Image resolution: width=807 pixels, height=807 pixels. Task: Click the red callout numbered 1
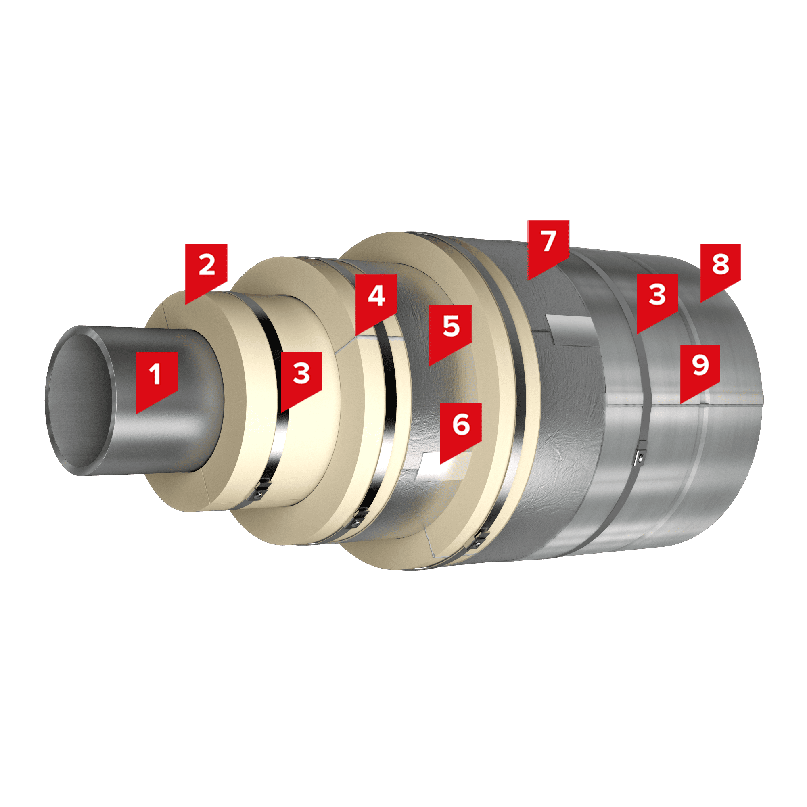[157, 378]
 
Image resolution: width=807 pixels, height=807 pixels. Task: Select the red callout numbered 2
[206, 270]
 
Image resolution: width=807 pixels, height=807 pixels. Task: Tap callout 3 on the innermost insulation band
[301, 378]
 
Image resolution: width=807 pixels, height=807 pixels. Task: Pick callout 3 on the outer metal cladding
[657, 299]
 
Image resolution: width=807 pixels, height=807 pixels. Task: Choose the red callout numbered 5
[450, 331]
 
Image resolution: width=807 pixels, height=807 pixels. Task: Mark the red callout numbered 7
[548, 246]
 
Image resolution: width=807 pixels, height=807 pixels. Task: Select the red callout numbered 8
[721, 270]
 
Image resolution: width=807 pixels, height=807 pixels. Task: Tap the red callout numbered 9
[700, 370]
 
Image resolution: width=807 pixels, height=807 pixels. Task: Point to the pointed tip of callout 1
[137, 413]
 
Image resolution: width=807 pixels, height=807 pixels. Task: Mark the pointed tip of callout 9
[681, 403]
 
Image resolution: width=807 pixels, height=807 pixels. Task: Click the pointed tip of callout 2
[186, 304]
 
